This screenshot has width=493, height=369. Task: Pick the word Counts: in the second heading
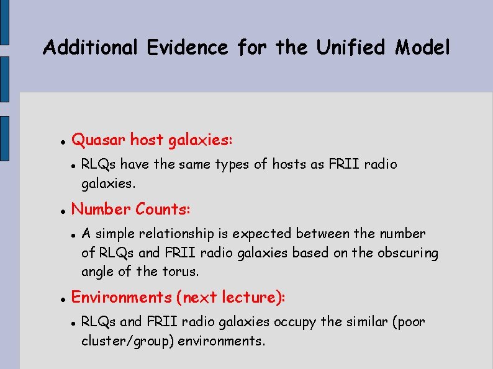click(163, 210)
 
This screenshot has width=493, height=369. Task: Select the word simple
click(115, 234)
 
